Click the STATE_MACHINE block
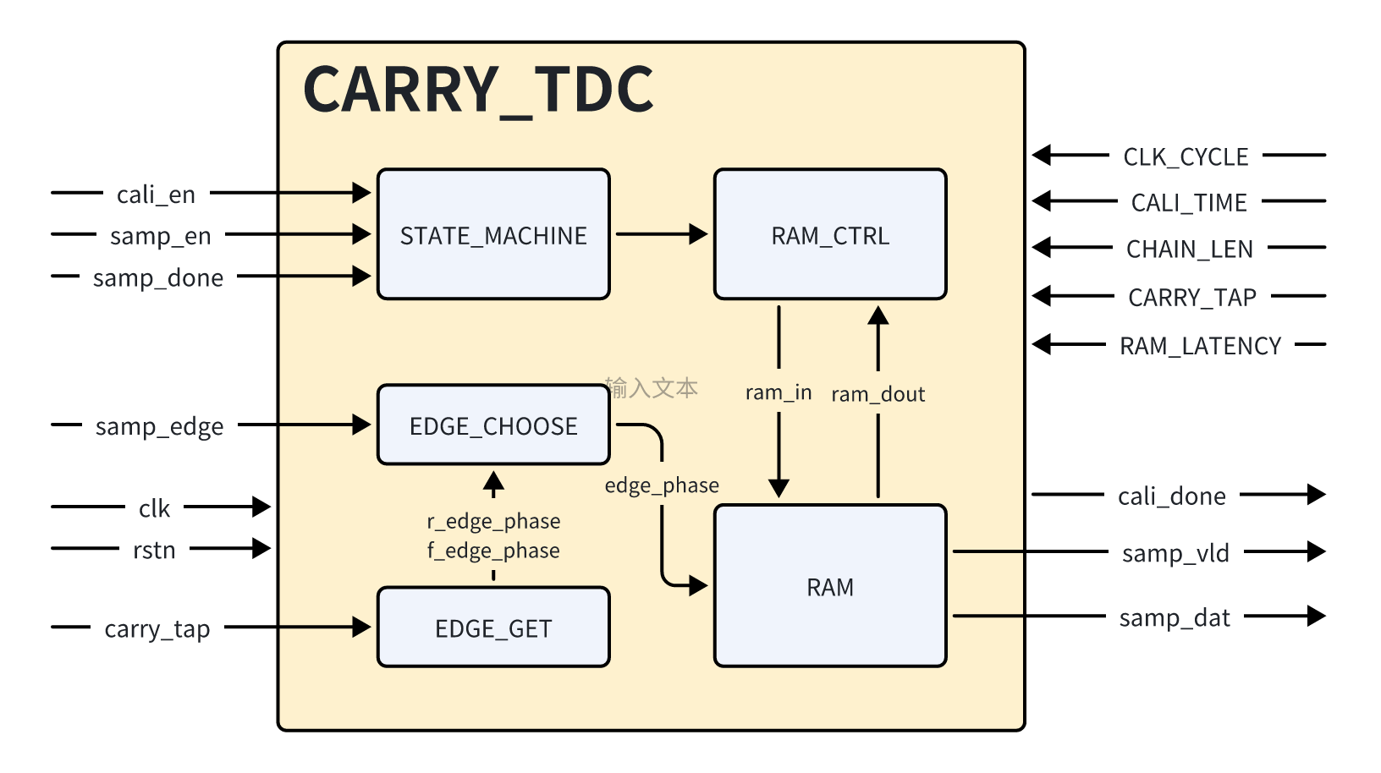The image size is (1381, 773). pos(493,234)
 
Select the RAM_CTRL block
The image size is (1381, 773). pos(830,234)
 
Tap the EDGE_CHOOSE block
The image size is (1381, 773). pos(493,425)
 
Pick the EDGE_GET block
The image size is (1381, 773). pos(493,628)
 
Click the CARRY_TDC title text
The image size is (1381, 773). pos(478,90)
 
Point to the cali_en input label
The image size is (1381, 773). pos(156,195)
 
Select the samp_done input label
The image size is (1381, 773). pos(158,277)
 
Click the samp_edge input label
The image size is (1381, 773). pos(159,426)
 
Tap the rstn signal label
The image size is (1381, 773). pos(154,550)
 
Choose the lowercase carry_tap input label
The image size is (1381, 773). pos(157,628)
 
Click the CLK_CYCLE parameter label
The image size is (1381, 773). pos(1186,156)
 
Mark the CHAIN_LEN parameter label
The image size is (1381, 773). pos(1189,249)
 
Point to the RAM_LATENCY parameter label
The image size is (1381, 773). pos(1200,346)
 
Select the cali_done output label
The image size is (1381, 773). pos(1171,496)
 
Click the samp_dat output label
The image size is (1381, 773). pos(1175,617)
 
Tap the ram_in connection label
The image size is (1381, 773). pos(779,392)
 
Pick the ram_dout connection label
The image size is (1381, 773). pos(878,394)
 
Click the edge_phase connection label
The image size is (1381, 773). pos(662,485)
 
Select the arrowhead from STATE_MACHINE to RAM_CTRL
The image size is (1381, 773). pos(698,234)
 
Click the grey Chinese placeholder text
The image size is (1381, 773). pos(652,388)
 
